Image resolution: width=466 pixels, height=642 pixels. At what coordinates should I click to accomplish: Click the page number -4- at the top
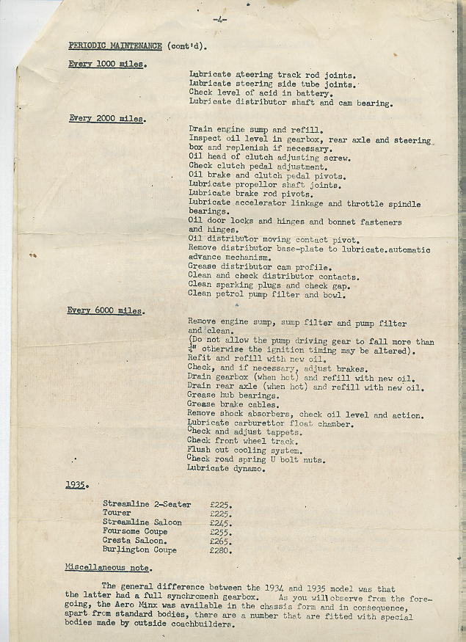tap(219, 20)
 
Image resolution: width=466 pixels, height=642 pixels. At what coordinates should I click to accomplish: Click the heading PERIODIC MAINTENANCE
tap(115, 45)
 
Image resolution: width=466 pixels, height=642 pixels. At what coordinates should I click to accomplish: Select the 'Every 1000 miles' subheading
tap(106, 64)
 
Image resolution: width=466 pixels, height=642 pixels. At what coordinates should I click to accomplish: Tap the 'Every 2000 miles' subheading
tap(106, 119)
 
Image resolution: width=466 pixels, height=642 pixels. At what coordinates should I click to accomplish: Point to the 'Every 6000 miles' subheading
tap(105, 311)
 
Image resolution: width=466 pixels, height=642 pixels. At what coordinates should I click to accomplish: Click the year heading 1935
tap(76, 485)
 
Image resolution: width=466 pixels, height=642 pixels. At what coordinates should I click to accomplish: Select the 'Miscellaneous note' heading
tap(108, 568)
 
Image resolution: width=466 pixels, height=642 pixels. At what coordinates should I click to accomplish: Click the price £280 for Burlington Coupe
tap(221, 550)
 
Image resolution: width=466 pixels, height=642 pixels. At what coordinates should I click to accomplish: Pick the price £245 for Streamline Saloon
tap(221, 522)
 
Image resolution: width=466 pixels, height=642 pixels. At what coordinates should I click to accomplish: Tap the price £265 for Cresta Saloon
tap(221, 541)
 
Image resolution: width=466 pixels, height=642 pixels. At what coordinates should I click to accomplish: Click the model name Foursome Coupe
tap(135, 531)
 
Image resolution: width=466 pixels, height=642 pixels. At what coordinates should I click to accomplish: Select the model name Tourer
tap(117, 513)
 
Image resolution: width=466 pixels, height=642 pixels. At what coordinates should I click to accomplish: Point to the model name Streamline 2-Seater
tap(147, 504)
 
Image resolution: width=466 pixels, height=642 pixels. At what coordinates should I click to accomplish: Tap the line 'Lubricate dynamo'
tap(225, 468)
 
